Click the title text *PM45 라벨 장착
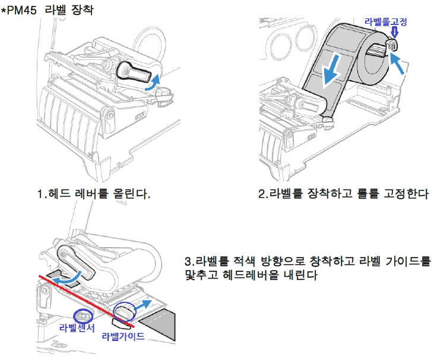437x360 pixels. pos(47,11)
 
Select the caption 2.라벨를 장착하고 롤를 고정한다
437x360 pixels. pos(343,194)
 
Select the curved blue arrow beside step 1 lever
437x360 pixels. pos(154,83)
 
